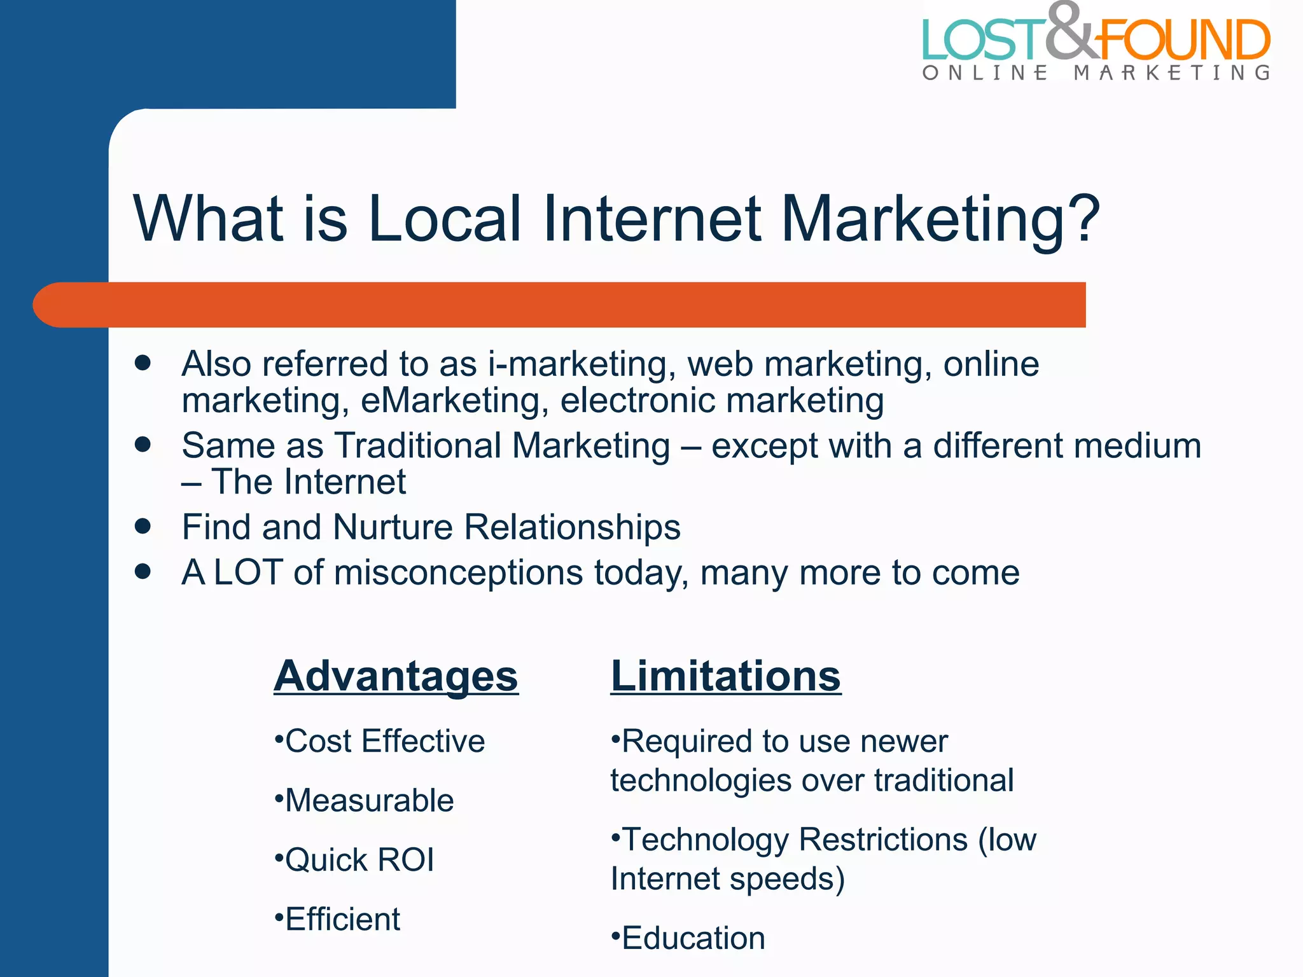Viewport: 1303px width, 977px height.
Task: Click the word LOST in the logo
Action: click(x=983, y=39)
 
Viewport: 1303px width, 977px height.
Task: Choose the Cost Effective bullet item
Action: click(x=384, y=741)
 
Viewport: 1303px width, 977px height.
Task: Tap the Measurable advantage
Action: click(x=369, y=800)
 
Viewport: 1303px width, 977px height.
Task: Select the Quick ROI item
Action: click(x=359, y=859)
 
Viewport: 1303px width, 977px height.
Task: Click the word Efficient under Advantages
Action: click(x=342, y=919)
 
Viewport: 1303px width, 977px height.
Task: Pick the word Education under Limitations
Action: click(x=693, y=938)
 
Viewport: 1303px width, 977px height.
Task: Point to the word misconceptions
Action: click(x=458, y=572)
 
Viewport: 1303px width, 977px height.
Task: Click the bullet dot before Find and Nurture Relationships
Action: click(x=143, y=526)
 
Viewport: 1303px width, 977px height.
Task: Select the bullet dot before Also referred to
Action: click(x=143, y=363)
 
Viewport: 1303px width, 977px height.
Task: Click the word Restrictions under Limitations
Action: click(x=883, y=839)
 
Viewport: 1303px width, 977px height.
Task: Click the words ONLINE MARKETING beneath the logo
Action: click(x=1096, y=73)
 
